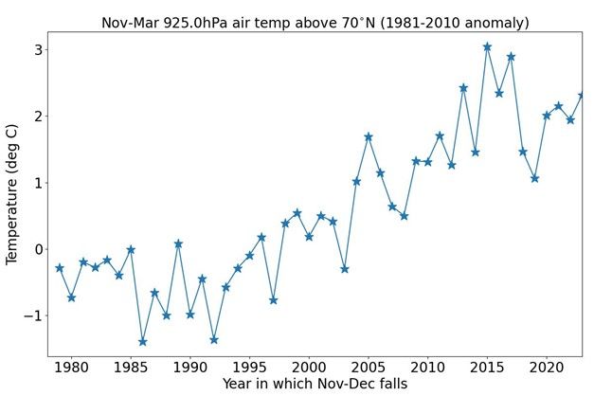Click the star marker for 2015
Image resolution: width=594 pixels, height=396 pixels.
click(x=487, y=46)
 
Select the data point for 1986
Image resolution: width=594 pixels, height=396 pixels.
click(x=143, y=341)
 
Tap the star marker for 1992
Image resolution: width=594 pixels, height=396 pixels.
click(x=214, y=339)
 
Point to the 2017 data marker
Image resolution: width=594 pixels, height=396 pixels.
click(x=511, y=57)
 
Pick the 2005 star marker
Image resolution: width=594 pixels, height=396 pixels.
click(x=369, y=137)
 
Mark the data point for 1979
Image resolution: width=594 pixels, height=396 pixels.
click(x=60, y=268)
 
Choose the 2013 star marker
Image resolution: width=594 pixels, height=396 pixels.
click(x=463, y=88)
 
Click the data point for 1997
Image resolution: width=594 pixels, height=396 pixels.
click(x=273, y=300)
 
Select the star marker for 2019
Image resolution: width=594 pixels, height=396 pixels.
click(x=534, y=178)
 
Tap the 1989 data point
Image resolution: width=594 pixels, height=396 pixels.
click(x=178, y=243)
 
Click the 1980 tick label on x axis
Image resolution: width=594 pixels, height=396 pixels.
click(x=71, y=367)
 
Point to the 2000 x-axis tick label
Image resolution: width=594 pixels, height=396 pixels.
click(x=309, y=367)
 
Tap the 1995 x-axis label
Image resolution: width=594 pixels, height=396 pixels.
click(x=249, y=367)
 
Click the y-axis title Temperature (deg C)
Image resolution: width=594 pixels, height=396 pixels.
click(x=12, y=196)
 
